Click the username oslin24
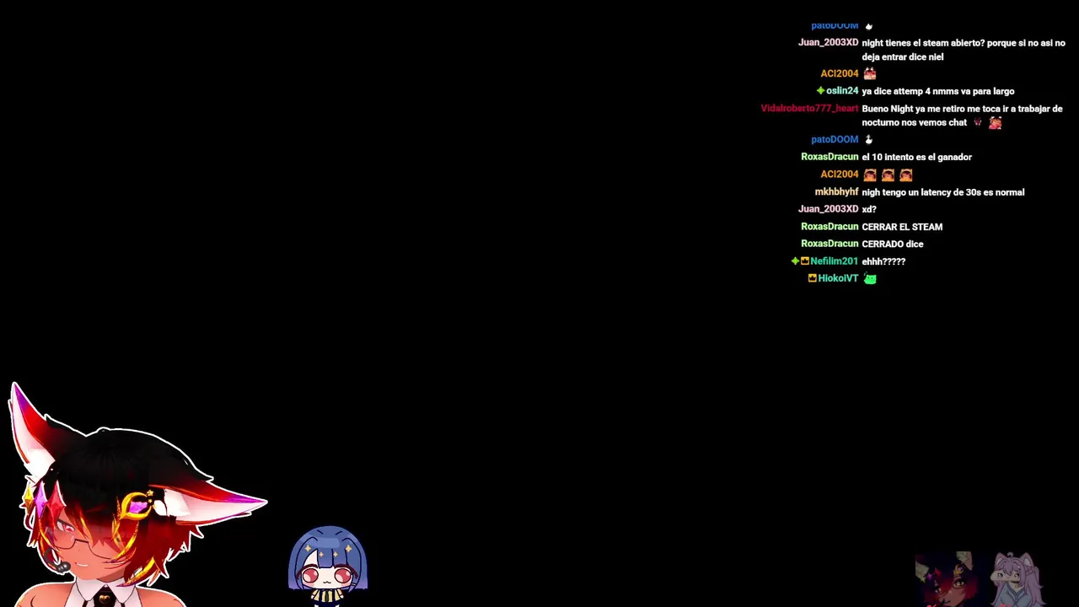tap(842, 90)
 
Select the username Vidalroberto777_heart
tap(809, 109)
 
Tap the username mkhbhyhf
tap(836, 191)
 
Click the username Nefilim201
tap(834, 261)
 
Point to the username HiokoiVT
tap(838, 278)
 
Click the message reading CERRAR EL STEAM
tap(902, 227)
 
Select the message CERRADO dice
tap(892, 244)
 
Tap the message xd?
tap(868, 209)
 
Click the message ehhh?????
tap(883, 261)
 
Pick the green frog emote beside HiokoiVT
tap(870, 278)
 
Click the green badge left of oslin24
tap(820, 90)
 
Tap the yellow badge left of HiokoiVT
tap(812, 278)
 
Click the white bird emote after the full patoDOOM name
tap(868, 140)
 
